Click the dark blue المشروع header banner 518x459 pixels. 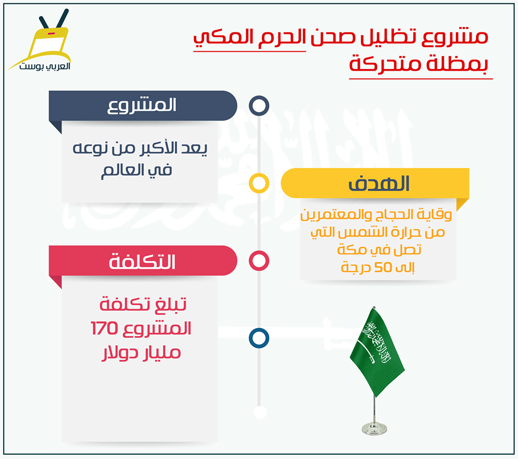[142, 106]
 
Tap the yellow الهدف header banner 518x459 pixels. [375, 183]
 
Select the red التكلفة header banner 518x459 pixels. [142, 261]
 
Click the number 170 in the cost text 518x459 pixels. [104, 328]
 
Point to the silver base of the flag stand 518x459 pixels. [374, 428]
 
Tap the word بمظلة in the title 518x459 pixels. [457, 64]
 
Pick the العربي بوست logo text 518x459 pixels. [45, 66]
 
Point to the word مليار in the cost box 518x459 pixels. [161, 353]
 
